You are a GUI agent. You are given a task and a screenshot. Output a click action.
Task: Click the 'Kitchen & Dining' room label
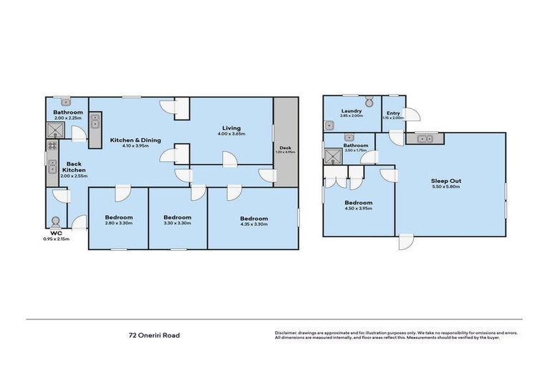[135, 140]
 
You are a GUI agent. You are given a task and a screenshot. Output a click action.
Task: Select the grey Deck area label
[286, 147]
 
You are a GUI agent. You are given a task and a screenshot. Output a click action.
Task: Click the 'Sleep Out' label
[445, 181]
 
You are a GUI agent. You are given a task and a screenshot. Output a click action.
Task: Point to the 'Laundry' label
[351, 111]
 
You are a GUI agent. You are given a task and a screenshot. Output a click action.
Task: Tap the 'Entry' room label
[393, 113]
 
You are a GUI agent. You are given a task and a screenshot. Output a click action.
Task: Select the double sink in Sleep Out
[423, 138]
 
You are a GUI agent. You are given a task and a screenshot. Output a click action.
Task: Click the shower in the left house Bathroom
[54, 130]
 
